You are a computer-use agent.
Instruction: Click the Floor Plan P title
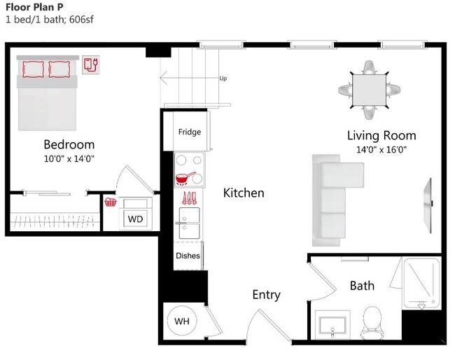pos(34,7)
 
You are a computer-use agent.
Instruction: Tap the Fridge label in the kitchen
pos(190,132)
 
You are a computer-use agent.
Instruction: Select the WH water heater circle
pos(182,321)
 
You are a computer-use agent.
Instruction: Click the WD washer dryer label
pos(135,219)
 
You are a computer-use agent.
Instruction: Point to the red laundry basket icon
pos(111,202)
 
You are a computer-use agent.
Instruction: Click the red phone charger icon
pos(91,64)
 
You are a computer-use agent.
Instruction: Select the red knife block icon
pos(189,198)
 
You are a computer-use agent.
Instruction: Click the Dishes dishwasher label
pos(188,256)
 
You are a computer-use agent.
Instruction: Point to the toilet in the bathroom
pos(372,322)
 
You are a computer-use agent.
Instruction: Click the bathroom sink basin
pos(332,325)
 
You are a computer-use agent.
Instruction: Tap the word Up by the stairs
pos(223,78)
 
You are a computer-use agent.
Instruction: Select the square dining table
pos(369,90)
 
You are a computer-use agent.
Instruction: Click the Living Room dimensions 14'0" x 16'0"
pos(381,149)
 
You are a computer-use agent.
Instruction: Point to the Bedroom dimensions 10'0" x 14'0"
pos(69,159)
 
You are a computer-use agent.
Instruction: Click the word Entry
pos(267,295)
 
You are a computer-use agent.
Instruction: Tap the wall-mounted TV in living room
pos(428,205)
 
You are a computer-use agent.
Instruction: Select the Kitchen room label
pos(244,193)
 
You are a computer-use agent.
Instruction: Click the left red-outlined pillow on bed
pos(33,69)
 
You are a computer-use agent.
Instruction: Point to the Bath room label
pos(362,286)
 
